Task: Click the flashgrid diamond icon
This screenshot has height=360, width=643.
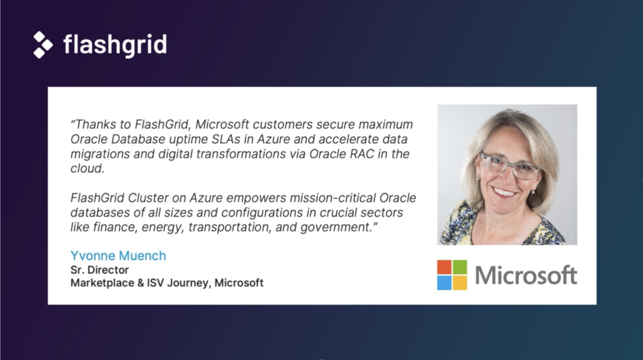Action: (x=43, y=45)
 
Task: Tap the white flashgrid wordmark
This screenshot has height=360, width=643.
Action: (x=115, y=45)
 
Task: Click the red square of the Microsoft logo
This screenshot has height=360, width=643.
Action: (x=444, y=266)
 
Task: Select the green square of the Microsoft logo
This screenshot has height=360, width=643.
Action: (x=460, y=266)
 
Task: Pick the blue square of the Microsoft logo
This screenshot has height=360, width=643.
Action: (x=444, y=283)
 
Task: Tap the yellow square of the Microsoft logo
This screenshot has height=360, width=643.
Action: (x=460, y=283)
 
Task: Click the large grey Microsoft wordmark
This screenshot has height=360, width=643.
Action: (x=526, y=275)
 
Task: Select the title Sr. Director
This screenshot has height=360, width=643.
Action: (x=99, y=270)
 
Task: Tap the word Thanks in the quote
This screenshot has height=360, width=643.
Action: (x=96, y=124)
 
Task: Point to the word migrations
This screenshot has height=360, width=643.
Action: (x=97, y=154)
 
